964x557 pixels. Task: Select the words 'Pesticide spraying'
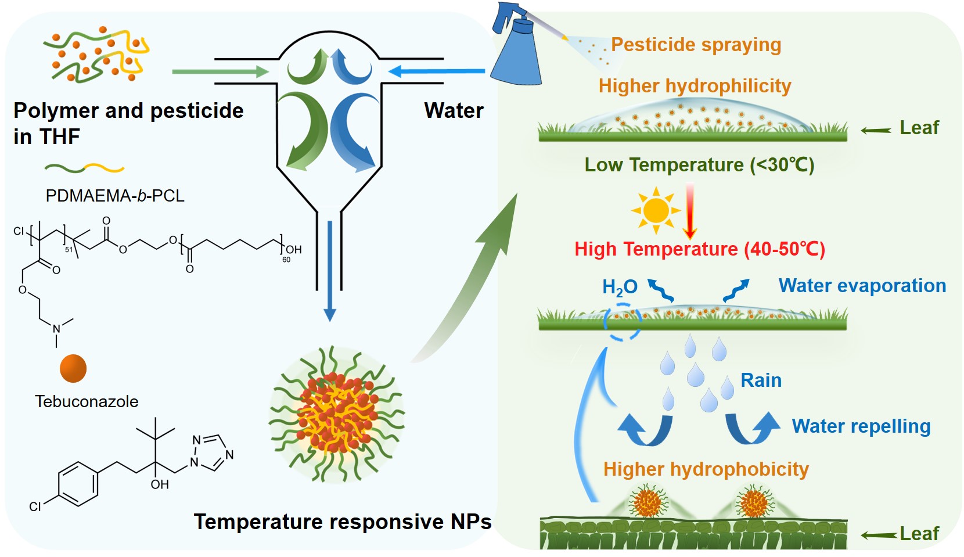(x=696, y=45)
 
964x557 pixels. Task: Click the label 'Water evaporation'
(x=862, y=286)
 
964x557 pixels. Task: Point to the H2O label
(x=620, y=287)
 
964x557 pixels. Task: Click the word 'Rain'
(x=761, y=380)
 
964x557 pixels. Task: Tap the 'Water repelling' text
(x=861, y=426)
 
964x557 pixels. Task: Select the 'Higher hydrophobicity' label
(x=706, y=469)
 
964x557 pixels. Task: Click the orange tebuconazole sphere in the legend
(x=73, y=368)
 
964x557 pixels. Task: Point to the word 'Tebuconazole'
(x=87, y=401)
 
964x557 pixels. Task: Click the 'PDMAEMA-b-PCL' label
(x=115, y=196)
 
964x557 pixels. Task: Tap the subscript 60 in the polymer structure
(x=286, y=260)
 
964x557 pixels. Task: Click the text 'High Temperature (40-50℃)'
(x=699, y=249)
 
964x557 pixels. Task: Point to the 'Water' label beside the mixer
(x=454, y=110)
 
